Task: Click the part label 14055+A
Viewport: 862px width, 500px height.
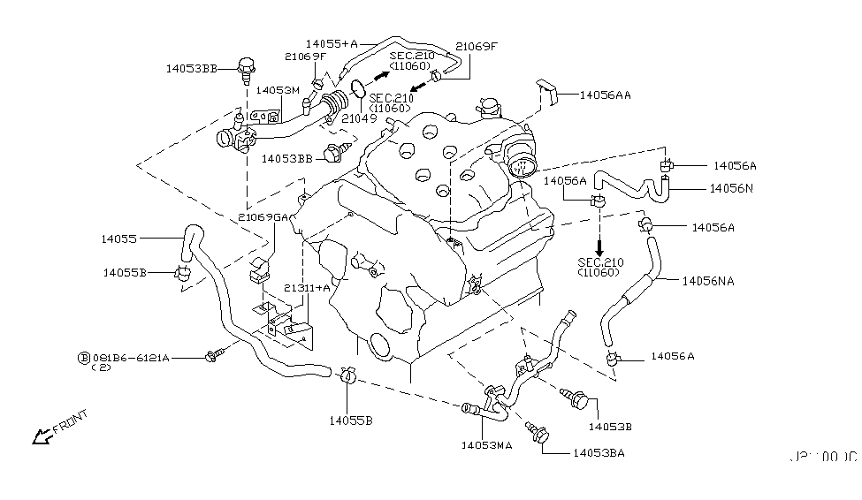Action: click(332, 42)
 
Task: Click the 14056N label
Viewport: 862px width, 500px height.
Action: click(731, 188)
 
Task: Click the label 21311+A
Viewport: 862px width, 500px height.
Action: click(307, 288)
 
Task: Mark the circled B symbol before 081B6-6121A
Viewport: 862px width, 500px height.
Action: click(84, 358)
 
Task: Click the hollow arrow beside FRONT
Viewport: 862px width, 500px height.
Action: click(40, 436)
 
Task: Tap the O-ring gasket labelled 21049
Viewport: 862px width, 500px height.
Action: click(359, 88)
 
